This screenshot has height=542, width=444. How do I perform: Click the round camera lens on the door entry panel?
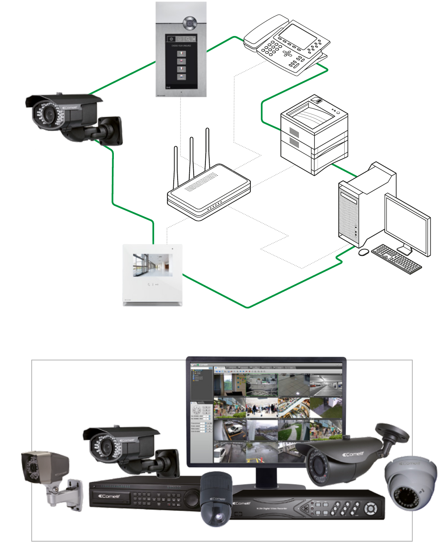click(x=190, y=23)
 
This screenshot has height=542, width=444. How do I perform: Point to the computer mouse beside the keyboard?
click(x=363, y=252)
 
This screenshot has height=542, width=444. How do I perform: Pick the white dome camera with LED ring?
click(x=410, y=483)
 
